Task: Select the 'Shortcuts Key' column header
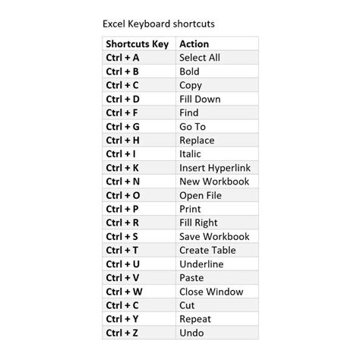click(137, 44)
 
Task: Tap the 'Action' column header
click(194, 44)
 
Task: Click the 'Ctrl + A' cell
click(123, 58)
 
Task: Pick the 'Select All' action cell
click(200, 58)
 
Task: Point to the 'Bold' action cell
click(189, 71)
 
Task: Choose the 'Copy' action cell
click(191, 85)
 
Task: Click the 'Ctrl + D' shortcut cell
click(123, 99)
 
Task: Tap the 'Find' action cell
click(189, 112)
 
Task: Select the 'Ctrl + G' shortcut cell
click(123, 126)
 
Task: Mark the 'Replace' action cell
click(197, 140)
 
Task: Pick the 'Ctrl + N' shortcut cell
click(123, 182)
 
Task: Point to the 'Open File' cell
click(201, 195)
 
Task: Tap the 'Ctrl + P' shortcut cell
click(123, 209)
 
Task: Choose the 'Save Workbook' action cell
click(213, 236)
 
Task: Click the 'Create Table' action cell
click(207, 250)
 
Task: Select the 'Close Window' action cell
click(210, 291)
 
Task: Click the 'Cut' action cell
click(188, 305)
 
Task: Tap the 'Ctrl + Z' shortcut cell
click(123, 333)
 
